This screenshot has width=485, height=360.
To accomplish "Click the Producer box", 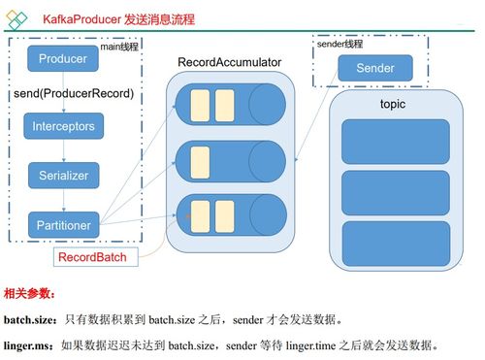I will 63,59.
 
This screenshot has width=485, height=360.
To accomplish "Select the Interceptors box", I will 63,127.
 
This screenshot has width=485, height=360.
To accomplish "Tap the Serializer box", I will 63,176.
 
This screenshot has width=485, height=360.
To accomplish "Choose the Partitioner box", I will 63,225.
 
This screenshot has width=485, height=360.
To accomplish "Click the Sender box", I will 375,69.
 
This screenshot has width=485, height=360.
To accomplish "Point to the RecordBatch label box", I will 98,257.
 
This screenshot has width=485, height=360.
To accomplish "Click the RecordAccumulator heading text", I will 229,62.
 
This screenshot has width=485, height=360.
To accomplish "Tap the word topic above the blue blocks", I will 393,104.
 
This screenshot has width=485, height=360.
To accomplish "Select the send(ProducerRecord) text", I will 74,94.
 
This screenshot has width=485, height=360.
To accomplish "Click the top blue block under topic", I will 395,142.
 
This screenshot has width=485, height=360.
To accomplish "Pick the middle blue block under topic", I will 395,191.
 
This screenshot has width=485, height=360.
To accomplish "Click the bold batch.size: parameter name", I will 30,319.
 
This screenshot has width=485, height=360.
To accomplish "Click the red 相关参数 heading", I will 30,293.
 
